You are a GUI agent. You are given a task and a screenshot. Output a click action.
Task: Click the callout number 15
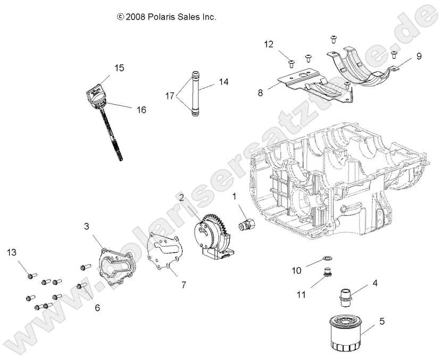[x=119, y=68]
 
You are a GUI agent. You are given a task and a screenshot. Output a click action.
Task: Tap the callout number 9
[x=419, y=55]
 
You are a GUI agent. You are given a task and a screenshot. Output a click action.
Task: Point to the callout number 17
[x=169, y=96]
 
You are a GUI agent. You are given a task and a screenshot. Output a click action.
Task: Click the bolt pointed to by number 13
[x=31, y=275]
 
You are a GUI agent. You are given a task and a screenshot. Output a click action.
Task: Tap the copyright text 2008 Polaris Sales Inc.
[x=167, y=17]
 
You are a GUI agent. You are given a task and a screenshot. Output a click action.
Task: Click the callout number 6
[x=97, y=307]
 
